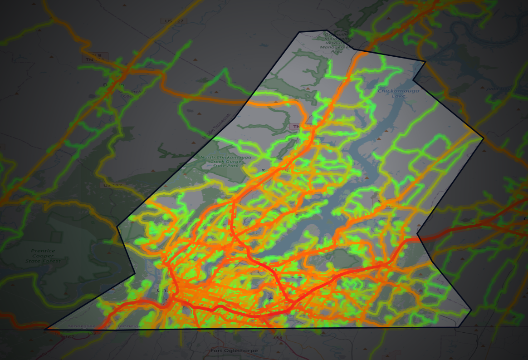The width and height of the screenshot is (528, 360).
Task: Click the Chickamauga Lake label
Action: point(399,94)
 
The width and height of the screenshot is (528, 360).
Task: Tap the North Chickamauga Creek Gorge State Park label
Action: point(219,162)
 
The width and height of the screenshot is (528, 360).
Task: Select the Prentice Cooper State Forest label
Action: point(43,256)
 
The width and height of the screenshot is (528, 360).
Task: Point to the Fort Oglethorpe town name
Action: point(226,350)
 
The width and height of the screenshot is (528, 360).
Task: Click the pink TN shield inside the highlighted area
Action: point(295,126)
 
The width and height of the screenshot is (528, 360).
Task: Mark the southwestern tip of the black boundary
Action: point(45,329)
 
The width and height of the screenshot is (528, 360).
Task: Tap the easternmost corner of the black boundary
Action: point(484,138)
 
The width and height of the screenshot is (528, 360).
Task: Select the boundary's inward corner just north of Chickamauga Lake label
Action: point(413,80)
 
